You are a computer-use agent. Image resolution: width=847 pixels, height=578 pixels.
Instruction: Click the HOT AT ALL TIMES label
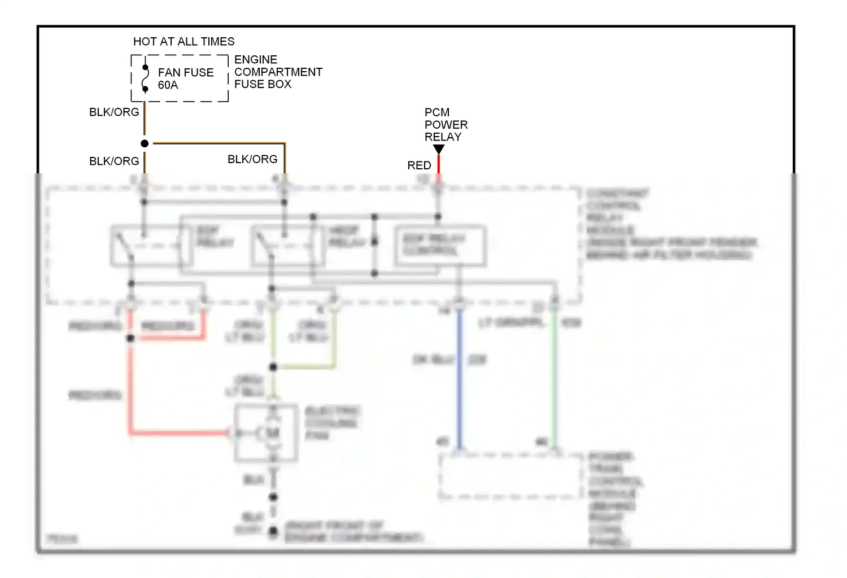click(184, 42)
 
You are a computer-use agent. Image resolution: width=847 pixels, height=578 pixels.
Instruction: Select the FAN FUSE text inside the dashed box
click(186, 73)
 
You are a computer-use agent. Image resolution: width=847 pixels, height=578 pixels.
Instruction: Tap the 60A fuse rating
click(168, 85)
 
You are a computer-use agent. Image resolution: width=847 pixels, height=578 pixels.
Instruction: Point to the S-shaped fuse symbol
click(145, 78)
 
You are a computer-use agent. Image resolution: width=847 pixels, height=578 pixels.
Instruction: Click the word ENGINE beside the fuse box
click(256, 60)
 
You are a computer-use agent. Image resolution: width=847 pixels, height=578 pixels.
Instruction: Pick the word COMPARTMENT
click(278, 72)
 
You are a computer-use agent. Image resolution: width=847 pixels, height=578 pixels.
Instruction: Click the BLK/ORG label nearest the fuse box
click(114, 112)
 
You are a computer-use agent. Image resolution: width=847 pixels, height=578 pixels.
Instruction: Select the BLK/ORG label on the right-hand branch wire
click(252, 160)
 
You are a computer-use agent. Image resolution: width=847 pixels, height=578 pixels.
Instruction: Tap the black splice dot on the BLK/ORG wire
click(145, 143)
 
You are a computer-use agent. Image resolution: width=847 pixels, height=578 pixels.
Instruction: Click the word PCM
click(437, 113)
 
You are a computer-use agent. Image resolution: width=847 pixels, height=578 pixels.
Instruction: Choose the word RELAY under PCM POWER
click(443, 137)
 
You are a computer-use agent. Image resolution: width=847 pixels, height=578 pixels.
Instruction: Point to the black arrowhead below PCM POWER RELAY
click(439, 149)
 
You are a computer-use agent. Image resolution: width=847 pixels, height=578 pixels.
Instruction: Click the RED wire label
click(419, 166)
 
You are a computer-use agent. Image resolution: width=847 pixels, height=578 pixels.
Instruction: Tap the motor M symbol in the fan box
click(273, 433)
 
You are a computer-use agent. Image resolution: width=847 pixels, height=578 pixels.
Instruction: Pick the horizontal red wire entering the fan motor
click(181, 433)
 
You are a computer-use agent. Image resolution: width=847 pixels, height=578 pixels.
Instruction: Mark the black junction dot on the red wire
click(130, 338)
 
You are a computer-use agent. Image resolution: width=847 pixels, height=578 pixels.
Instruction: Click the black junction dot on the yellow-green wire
click(273, 367)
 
